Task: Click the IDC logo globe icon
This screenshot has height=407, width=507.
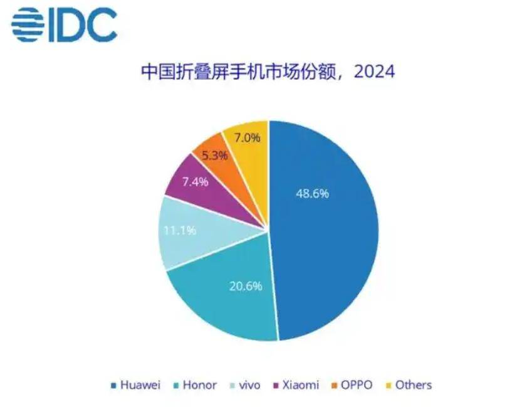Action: click(x=28, y=25)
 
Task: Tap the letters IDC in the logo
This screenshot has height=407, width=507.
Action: click(x=83, y=25)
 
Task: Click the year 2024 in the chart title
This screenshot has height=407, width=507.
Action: click(x=374, y=72)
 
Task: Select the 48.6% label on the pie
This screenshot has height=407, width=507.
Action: click(x=312, y=194)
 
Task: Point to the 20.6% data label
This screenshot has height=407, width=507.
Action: click(x=246, y=286)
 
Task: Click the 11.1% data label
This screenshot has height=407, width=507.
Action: click(x=180, y=230)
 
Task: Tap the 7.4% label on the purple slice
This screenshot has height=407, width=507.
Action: click(x=196, y=182)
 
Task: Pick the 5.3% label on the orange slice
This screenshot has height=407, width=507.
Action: click(x=215, y=156)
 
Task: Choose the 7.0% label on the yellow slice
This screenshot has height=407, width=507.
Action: click(x=248, y=138)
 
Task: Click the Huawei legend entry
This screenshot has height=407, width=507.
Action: click(x=136, y=385)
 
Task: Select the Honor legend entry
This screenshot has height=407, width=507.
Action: click(x=196, y=385)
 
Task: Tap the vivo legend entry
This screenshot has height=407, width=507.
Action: click(x=246, y=385)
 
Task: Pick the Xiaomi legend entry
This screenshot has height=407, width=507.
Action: click(x=296, y=385)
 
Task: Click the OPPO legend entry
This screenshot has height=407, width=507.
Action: click(x=352, y=385)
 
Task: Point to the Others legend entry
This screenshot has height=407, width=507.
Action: click(x=409, y=385)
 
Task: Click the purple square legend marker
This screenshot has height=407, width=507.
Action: click(x=276, y=386)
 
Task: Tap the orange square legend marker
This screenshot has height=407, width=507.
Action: click(x=335, y=386)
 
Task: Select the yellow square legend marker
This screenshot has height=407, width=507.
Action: click(x=389, y=386)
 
